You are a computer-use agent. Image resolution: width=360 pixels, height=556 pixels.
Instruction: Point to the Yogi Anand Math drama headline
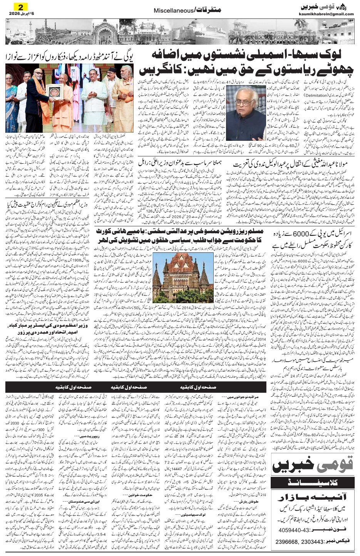click(69, 57)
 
